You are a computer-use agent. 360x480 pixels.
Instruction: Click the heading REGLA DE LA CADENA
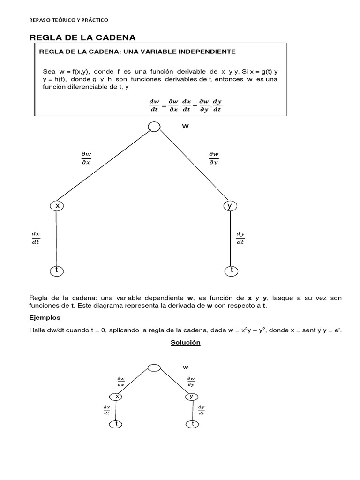[x=82, y=37]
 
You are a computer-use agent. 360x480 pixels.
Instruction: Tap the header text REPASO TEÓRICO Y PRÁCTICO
[x=68, y=20]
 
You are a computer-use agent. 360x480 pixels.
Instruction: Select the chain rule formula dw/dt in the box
[x=185, y=105]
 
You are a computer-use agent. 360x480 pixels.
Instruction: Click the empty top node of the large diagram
[x=153, y=127]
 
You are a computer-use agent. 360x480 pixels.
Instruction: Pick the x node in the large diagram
[x=57, y=206]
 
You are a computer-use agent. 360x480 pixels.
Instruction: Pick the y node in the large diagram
[x=230, y=206]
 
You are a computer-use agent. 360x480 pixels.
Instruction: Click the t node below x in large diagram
[x=56, y=270]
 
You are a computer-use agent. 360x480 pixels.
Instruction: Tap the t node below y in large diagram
[x=231, y=270]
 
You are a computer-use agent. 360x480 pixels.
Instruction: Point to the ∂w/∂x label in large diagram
[x=86, y=158]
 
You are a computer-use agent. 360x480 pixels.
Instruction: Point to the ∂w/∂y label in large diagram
[x=213, y=158]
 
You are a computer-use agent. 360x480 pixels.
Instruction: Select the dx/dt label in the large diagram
[x=36, y=238]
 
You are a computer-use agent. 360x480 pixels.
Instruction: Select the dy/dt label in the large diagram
[x=240, y=238]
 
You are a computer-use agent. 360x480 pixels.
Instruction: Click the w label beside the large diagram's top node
[x=185, y=127]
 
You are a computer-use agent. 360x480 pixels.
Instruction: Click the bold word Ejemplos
[x=45, y=318]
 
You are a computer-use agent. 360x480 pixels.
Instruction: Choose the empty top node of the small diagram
[x=154, y=368]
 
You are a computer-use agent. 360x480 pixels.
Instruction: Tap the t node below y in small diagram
[x=192, y=424]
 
